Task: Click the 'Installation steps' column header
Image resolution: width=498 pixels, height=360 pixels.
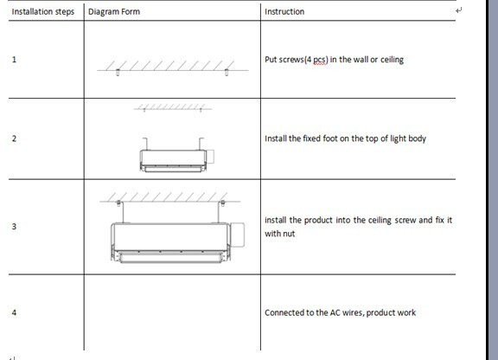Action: [43, 12]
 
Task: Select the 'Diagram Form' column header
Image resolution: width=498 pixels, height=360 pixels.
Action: [114, 12]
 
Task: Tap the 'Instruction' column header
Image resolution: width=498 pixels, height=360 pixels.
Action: [284, 12]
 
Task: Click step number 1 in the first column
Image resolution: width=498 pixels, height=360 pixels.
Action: [14, 60]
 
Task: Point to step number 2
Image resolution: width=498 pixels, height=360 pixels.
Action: [14, 138]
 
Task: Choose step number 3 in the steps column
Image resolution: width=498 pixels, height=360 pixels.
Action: [14, 227]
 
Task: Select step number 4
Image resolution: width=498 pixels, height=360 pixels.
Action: [14, 312]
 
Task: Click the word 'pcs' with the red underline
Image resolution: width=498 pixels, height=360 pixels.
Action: [319, 60]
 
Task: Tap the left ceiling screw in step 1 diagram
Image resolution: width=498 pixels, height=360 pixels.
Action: [118, 73]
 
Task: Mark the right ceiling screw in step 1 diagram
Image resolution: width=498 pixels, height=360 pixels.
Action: [227, 73]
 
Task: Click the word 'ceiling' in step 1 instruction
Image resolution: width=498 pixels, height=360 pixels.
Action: [392, 60]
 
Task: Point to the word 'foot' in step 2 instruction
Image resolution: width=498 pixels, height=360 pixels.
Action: [330, 138]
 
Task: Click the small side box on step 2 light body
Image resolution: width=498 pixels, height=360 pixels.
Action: [210, 157]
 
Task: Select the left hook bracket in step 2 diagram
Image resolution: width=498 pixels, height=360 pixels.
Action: [145, 144]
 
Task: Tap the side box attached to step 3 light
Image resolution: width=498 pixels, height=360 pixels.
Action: [237, 235]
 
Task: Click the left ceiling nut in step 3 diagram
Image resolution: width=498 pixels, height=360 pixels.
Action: [118, 202]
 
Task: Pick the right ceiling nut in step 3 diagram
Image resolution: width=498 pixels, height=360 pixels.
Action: [223, 202]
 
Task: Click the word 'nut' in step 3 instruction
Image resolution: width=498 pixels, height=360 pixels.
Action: [289, 234]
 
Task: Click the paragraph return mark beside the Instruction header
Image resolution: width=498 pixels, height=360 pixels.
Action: [458, 10]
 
